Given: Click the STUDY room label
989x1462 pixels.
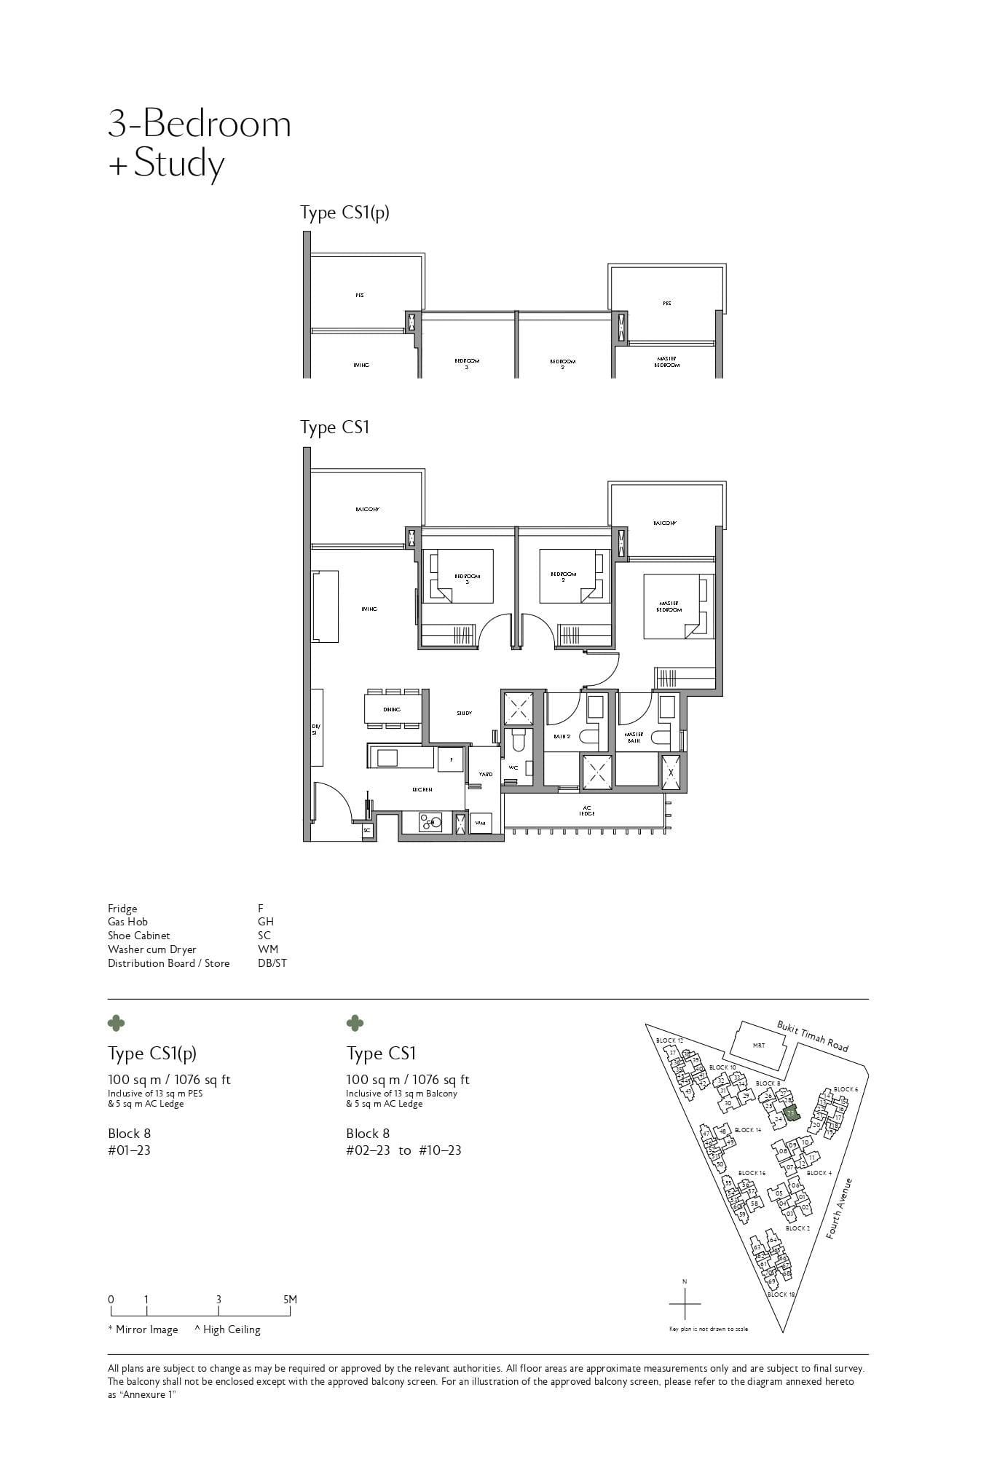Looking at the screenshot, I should tap(464, 714).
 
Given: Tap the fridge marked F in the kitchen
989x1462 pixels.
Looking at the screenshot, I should tap(451, 759).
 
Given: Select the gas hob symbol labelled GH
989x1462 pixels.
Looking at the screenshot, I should tap(430, 822).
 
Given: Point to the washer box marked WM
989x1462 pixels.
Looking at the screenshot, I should tap(481, 823).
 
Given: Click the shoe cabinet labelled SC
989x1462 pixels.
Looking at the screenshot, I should tap(367, 830).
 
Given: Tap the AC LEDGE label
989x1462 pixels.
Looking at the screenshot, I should tap(586, 810).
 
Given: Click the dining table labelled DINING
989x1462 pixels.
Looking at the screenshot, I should tap(392, 708).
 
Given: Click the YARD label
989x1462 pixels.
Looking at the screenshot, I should tap(485, 774).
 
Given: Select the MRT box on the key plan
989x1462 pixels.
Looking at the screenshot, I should tap(759, 1046).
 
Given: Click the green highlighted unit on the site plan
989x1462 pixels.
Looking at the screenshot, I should tap(792, 1113).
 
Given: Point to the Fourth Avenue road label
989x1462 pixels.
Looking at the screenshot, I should tap(840, 1209).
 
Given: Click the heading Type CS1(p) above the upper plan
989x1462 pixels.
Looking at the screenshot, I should tap(344, 213).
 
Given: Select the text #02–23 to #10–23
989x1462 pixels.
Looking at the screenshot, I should tap(403, 1150).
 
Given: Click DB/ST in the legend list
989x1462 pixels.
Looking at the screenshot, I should tap(272, 963).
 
